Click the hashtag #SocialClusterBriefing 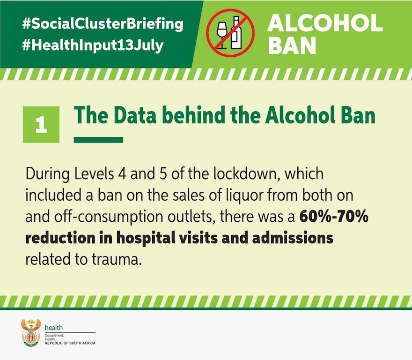click(x=103, y=24)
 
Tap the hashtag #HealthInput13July click(x=93, y=45)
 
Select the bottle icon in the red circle click(x=236, y=33)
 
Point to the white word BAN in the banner click(x=292, y=45)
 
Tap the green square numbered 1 click(x=41, y=125)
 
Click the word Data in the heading click(x=135, y=115)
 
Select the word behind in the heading click(x=193, y=115)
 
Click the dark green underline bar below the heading click(x=98, y=140)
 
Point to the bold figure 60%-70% click(x=334, y=216)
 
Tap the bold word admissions click(x=293, y=238)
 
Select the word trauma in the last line click(x=117, y=259)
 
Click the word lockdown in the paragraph click(x=246, y=174)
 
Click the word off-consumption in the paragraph click(x=108, y=217)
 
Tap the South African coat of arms click(x=31, y=332)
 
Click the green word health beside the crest click(x=53, y=327)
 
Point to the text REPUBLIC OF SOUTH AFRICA click(x=70, y=343)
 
